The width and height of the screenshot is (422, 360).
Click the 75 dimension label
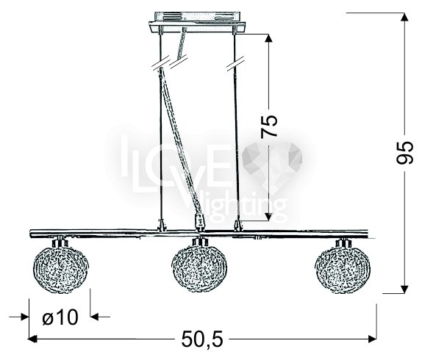(x=269, y=126)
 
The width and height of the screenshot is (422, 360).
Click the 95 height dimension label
(x=405, y=152)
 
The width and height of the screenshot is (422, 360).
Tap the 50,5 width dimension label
(x=202, y=339)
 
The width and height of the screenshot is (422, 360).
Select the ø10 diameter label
(x=60, y=317)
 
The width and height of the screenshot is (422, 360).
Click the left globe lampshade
(x=60, y=270)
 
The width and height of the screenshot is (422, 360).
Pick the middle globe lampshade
(x=199, y=269)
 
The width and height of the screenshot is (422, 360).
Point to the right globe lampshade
(x=343, y=270)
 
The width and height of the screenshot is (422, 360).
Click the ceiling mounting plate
(x=197, y=23)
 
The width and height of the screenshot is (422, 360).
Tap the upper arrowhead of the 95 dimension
(x=404, y=17)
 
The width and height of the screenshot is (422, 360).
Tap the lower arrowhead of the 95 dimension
(x=404, y=289)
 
